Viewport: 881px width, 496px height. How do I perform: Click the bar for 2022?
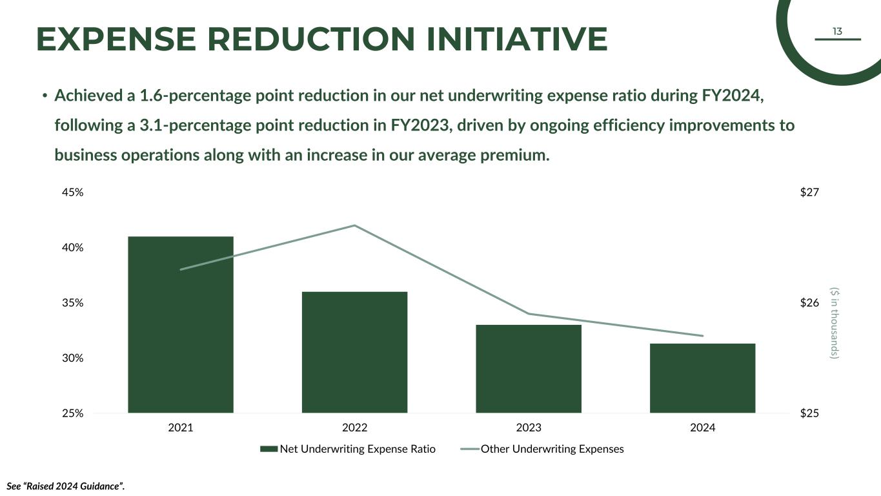354,352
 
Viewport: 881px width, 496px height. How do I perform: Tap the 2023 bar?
529,369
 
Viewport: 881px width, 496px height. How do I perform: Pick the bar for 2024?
702,378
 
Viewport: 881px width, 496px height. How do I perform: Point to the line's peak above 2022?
354,225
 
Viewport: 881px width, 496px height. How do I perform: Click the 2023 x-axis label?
529,428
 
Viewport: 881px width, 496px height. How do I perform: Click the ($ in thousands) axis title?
835,323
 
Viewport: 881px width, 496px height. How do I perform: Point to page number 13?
837,32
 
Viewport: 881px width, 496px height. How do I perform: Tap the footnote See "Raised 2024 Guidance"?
65,486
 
